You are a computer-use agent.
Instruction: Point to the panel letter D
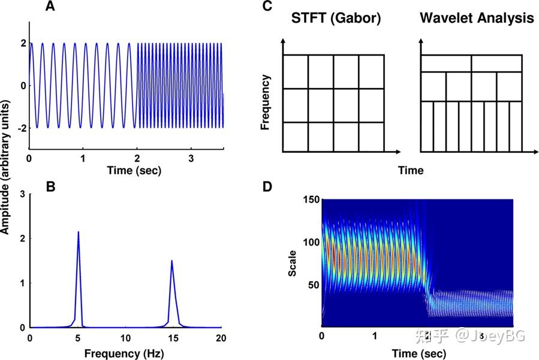point(267,186)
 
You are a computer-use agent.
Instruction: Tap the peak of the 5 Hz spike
point(78,232)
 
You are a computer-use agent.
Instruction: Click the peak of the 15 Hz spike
point(172,261)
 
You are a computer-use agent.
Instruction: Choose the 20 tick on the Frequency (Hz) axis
point(220,338)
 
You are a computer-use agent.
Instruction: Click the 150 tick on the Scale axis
point(311,200)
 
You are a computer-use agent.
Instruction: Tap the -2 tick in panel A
point(20,128)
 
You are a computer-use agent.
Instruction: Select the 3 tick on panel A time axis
point(191,159)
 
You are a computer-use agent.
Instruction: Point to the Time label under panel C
point(411,171)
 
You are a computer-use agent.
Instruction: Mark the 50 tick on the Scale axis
point(313,285)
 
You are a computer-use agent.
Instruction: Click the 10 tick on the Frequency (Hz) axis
point(125,338)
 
